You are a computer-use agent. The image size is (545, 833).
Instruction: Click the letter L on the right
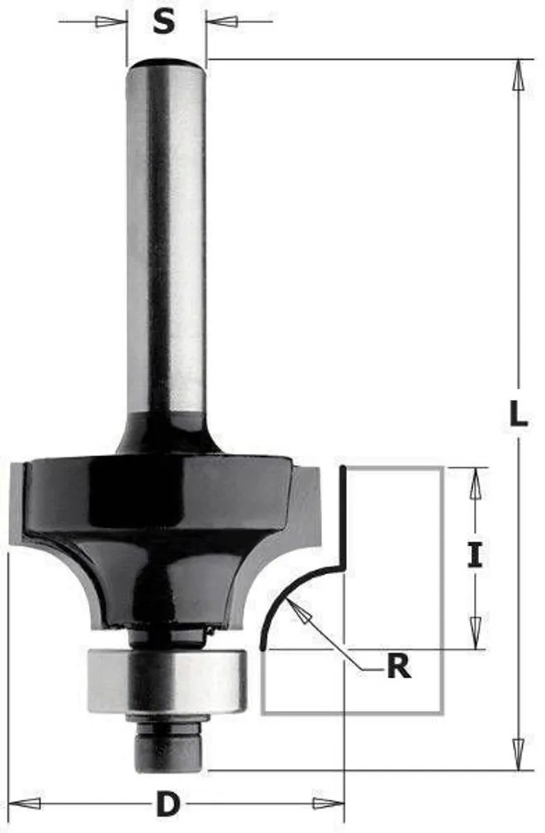tap(518, 414)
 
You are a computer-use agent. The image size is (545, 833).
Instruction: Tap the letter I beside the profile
tap(474, 558)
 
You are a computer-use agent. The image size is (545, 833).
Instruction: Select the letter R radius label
tap(399, 666)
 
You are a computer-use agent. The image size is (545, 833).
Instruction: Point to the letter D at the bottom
tap(167, 804)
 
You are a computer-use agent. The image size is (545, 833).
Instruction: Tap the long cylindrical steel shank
tap(166, 239)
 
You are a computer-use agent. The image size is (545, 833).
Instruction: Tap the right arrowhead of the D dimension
tap(328, 802)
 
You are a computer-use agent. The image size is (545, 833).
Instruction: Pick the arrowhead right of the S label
tap(221, 21)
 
